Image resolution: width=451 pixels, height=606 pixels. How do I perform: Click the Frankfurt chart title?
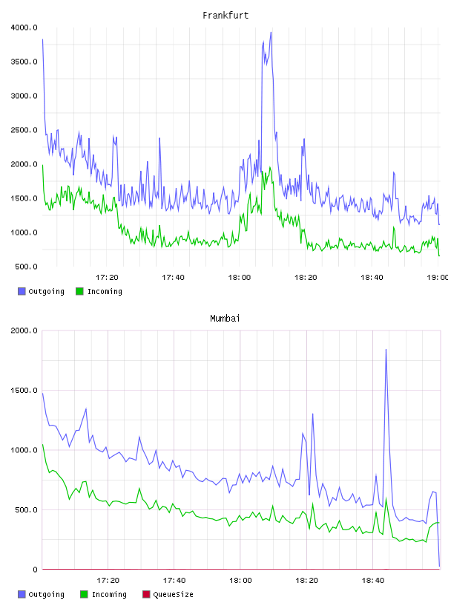point(225,16)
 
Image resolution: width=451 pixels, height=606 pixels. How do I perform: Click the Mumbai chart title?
point(225,319)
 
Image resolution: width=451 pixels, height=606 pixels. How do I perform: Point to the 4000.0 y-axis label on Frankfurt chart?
point(24,27)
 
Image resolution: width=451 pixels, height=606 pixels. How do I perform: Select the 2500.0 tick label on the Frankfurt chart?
point(24,130)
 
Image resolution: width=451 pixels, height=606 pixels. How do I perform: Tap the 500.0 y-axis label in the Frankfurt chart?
point(26,267)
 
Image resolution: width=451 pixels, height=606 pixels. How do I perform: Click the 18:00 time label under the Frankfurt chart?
point(240,278)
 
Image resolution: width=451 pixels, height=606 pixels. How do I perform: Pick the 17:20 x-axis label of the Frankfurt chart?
point(107,278)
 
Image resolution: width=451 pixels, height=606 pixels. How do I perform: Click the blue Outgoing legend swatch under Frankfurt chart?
point(22,291)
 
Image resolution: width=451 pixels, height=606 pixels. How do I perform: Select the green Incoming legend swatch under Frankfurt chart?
point(79,291)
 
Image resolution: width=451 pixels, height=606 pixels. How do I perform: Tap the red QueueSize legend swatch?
point(146,594)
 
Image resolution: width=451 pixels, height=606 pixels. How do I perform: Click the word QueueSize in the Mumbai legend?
point(173,594)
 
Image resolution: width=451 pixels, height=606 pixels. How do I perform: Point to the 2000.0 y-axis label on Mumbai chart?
point(24,330)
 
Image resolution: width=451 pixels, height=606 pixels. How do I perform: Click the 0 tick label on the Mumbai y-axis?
point(35,570)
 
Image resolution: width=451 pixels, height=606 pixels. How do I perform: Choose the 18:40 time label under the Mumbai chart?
point(373,581)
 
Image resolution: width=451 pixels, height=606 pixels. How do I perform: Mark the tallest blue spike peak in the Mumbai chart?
point(386,349)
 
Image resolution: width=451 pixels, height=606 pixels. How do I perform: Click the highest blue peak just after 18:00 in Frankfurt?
point(271,32)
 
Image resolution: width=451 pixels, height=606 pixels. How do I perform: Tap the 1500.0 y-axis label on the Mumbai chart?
point(24,391)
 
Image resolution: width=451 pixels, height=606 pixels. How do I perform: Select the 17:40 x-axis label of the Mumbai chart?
point(174,581)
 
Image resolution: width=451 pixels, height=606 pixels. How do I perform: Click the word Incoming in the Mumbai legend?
point(109,594)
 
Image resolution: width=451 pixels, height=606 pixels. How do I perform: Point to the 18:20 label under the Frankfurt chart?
point(306,278)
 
